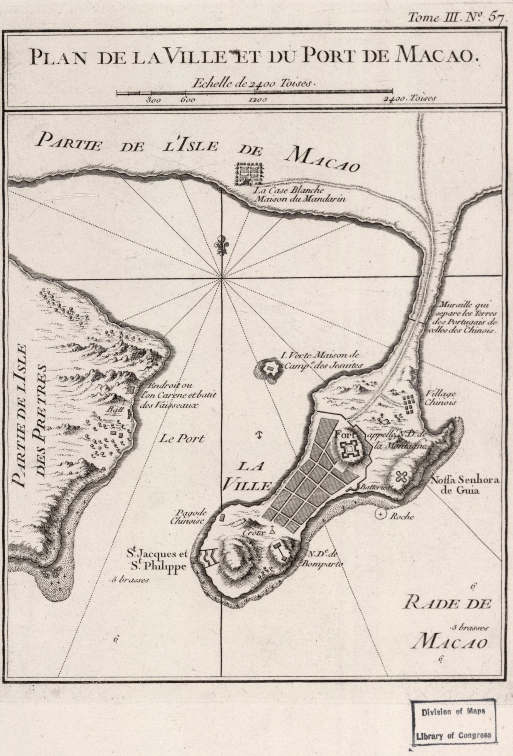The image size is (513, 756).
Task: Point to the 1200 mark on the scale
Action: (x=258, y=100)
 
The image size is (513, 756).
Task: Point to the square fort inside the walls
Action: (x=350, y=449)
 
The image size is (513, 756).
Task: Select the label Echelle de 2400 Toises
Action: (x=254, y=84)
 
